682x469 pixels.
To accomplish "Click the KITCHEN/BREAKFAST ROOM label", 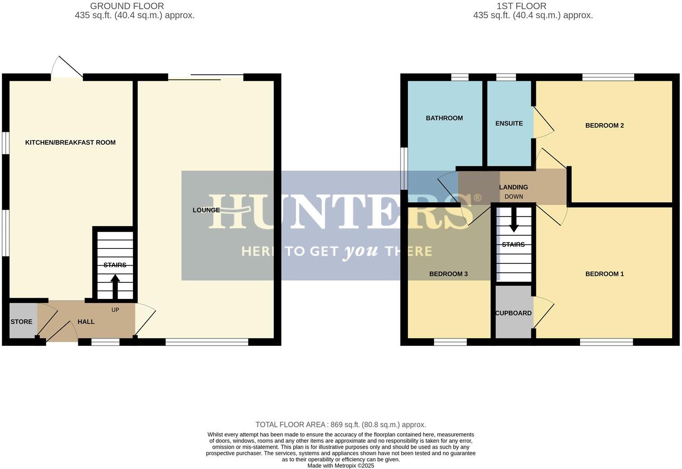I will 70,143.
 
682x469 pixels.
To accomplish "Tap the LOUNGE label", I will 206,210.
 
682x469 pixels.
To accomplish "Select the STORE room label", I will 22,322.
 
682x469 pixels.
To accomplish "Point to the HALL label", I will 86,322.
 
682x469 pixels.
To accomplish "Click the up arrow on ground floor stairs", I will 115,286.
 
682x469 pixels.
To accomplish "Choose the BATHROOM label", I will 444,118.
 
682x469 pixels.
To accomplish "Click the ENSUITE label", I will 509,124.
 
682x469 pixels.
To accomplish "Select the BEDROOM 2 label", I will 604,125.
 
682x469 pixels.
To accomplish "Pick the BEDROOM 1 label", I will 604,274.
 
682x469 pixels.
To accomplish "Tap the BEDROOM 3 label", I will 448,274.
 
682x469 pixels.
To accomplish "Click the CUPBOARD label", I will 513,313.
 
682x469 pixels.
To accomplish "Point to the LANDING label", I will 513,187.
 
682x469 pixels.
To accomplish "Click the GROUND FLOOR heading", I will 127,6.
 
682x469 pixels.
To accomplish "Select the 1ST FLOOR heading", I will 521,6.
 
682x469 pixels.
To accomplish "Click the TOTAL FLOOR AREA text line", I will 341,425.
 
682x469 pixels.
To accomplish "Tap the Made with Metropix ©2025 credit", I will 341,466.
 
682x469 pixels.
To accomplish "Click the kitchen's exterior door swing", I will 66,68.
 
